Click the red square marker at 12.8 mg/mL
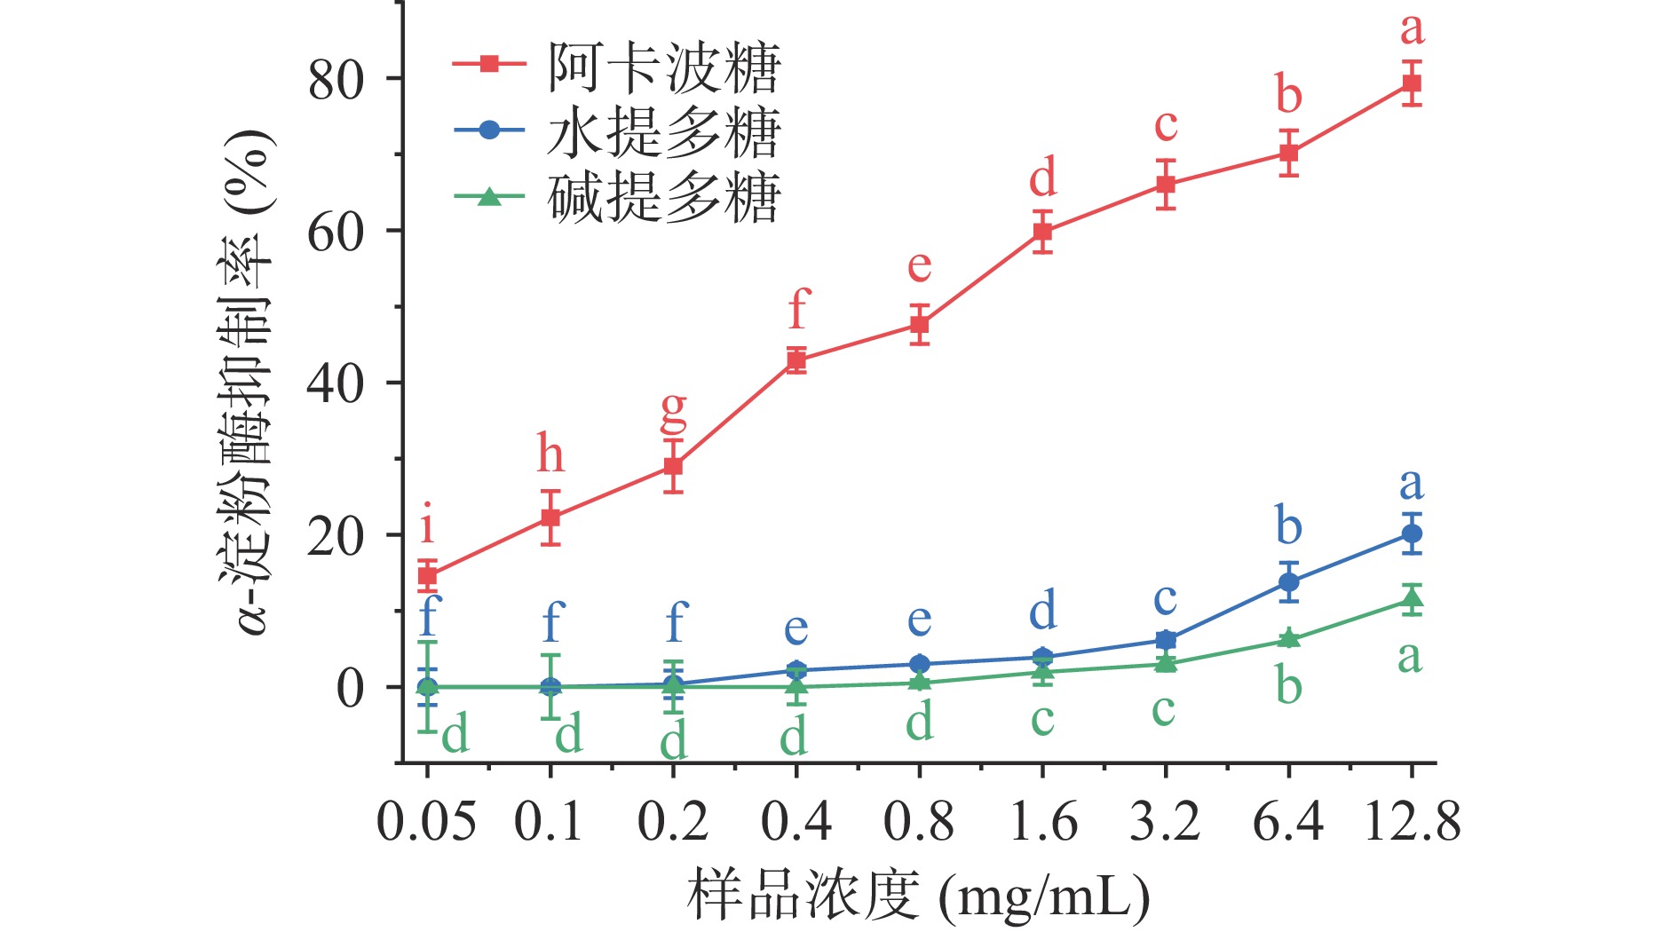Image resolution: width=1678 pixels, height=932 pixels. click(1411, 83)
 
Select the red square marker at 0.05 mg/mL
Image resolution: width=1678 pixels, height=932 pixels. click(427, 575)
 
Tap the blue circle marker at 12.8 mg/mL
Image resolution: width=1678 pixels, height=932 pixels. click(1411, 533)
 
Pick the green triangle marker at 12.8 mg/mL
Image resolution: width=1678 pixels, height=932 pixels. click(1411, 598)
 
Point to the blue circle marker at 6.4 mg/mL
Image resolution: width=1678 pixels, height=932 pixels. click(1288, 582)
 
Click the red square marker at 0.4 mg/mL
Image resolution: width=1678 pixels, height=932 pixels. click(796, 360)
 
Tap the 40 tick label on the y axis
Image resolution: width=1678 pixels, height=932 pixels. click(336, 383)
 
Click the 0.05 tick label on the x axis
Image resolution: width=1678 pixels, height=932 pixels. click(426, 821)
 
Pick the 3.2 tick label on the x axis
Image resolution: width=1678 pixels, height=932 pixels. click(1165, 821)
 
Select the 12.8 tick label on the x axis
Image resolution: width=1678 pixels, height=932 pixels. click(1412, 821)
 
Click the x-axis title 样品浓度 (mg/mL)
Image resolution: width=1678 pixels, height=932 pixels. click(919, 896)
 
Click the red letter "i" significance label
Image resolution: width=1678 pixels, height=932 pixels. click(428, 524)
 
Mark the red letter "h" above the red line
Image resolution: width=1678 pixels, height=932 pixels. click(550, 454)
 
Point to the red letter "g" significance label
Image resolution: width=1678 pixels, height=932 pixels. click(674, 411)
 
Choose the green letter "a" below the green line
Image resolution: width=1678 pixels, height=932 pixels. click(1410, 658)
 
